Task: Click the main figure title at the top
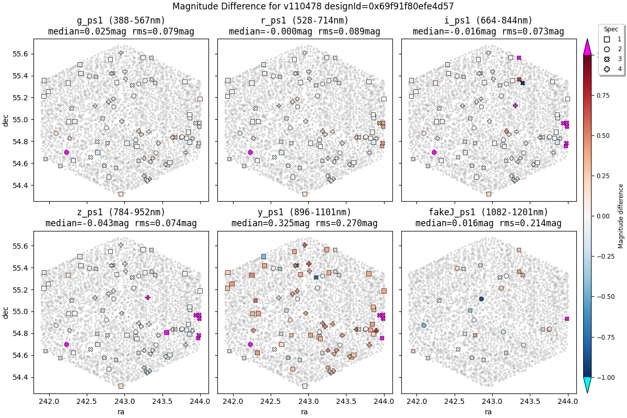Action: point(313,6)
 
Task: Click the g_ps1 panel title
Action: point(121,26)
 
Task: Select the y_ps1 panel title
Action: point(305,218)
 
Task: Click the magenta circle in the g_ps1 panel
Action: point(66,153)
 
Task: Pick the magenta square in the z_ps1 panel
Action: point(167,332)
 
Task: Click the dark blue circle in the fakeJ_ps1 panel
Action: point(481,299)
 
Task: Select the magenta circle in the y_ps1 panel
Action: point(250,344)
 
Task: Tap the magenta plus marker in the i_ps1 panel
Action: point(515,106)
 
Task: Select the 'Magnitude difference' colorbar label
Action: point(621,216)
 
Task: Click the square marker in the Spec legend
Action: point(607,39)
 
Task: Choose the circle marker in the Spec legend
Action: point(607,49)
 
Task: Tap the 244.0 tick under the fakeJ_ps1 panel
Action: point(567,402)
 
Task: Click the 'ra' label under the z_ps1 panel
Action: point(121,412)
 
